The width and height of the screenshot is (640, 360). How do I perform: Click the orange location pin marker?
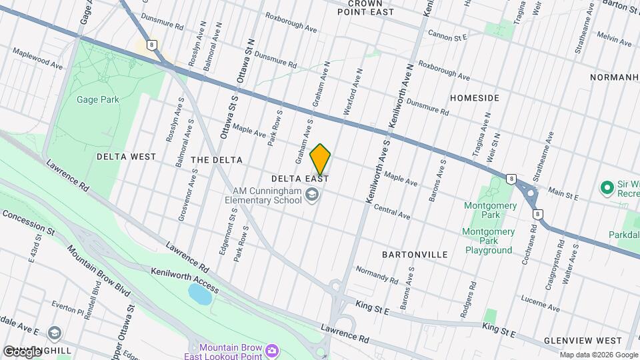coord(320,159)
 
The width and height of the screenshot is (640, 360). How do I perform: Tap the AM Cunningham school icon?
coord(311,195)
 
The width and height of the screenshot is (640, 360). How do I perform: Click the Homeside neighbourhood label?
coord(474,98)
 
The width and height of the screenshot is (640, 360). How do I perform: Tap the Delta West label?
coord(126,157)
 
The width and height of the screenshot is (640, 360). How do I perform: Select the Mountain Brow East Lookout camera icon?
coord(272,350)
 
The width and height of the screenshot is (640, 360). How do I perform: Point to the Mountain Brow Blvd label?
coord(97,271)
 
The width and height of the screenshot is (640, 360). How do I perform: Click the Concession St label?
coord(28,222)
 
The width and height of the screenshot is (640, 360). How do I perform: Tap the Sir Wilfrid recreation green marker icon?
coord(607,187)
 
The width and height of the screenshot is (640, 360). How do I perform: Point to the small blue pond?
coord(200,293)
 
